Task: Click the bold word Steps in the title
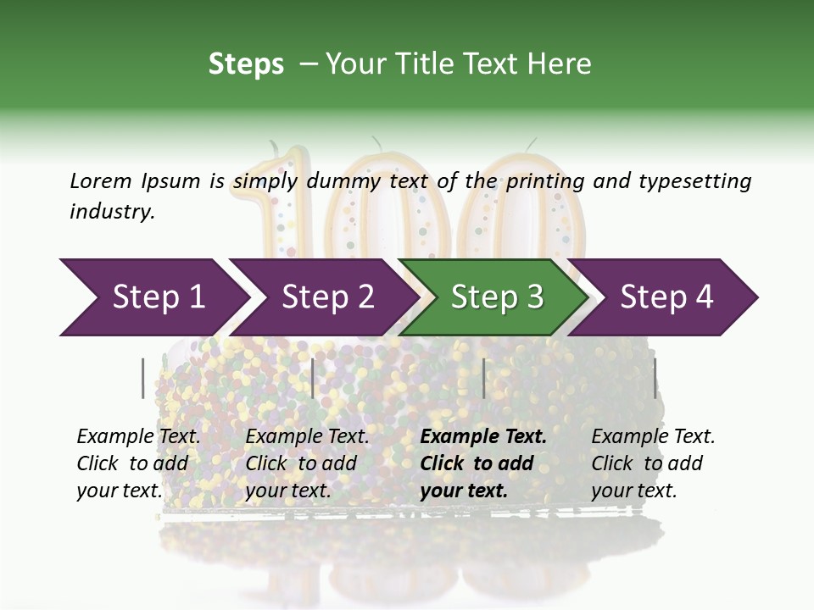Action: [246, 64]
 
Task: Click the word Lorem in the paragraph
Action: [101, 180]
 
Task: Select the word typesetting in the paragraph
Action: [692, 180]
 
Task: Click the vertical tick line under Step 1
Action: [143, 378]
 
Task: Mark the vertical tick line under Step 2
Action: [313, 378]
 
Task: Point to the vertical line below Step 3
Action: [483, 378]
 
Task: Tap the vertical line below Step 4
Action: [655, 378]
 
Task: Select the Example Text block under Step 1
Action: [138, 463]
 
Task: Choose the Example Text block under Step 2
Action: [307, 463]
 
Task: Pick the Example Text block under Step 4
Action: [653, 463]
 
